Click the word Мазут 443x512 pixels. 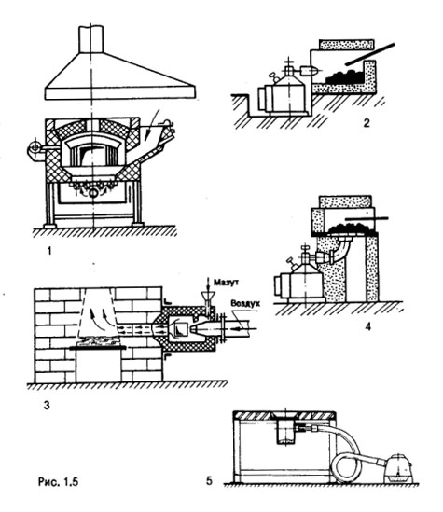pos(226,283)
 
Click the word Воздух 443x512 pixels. pos(245,303)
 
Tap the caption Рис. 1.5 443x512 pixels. pos(59,481)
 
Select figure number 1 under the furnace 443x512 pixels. pos(49,251)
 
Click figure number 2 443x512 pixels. pos(367,123)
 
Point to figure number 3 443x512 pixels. pos(47,406)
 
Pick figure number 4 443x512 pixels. pos(367,326)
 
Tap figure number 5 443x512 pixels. pos(209,480)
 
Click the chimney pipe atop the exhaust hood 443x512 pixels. pos(91,39)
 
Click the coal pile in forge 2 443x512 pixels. pos(344,77)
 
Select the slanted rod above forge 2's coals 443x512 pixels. pos(370,53)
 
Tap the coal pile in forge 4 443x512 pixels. pos(352,228)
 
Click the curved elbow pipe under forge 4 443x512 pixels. pos(339,251)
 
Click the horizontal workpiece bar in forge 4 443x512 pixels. pos(367,218)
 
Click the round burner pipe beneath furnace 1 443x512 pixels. pos(93,193)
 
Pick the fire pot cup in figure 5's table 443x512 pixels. pos(286,430)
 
